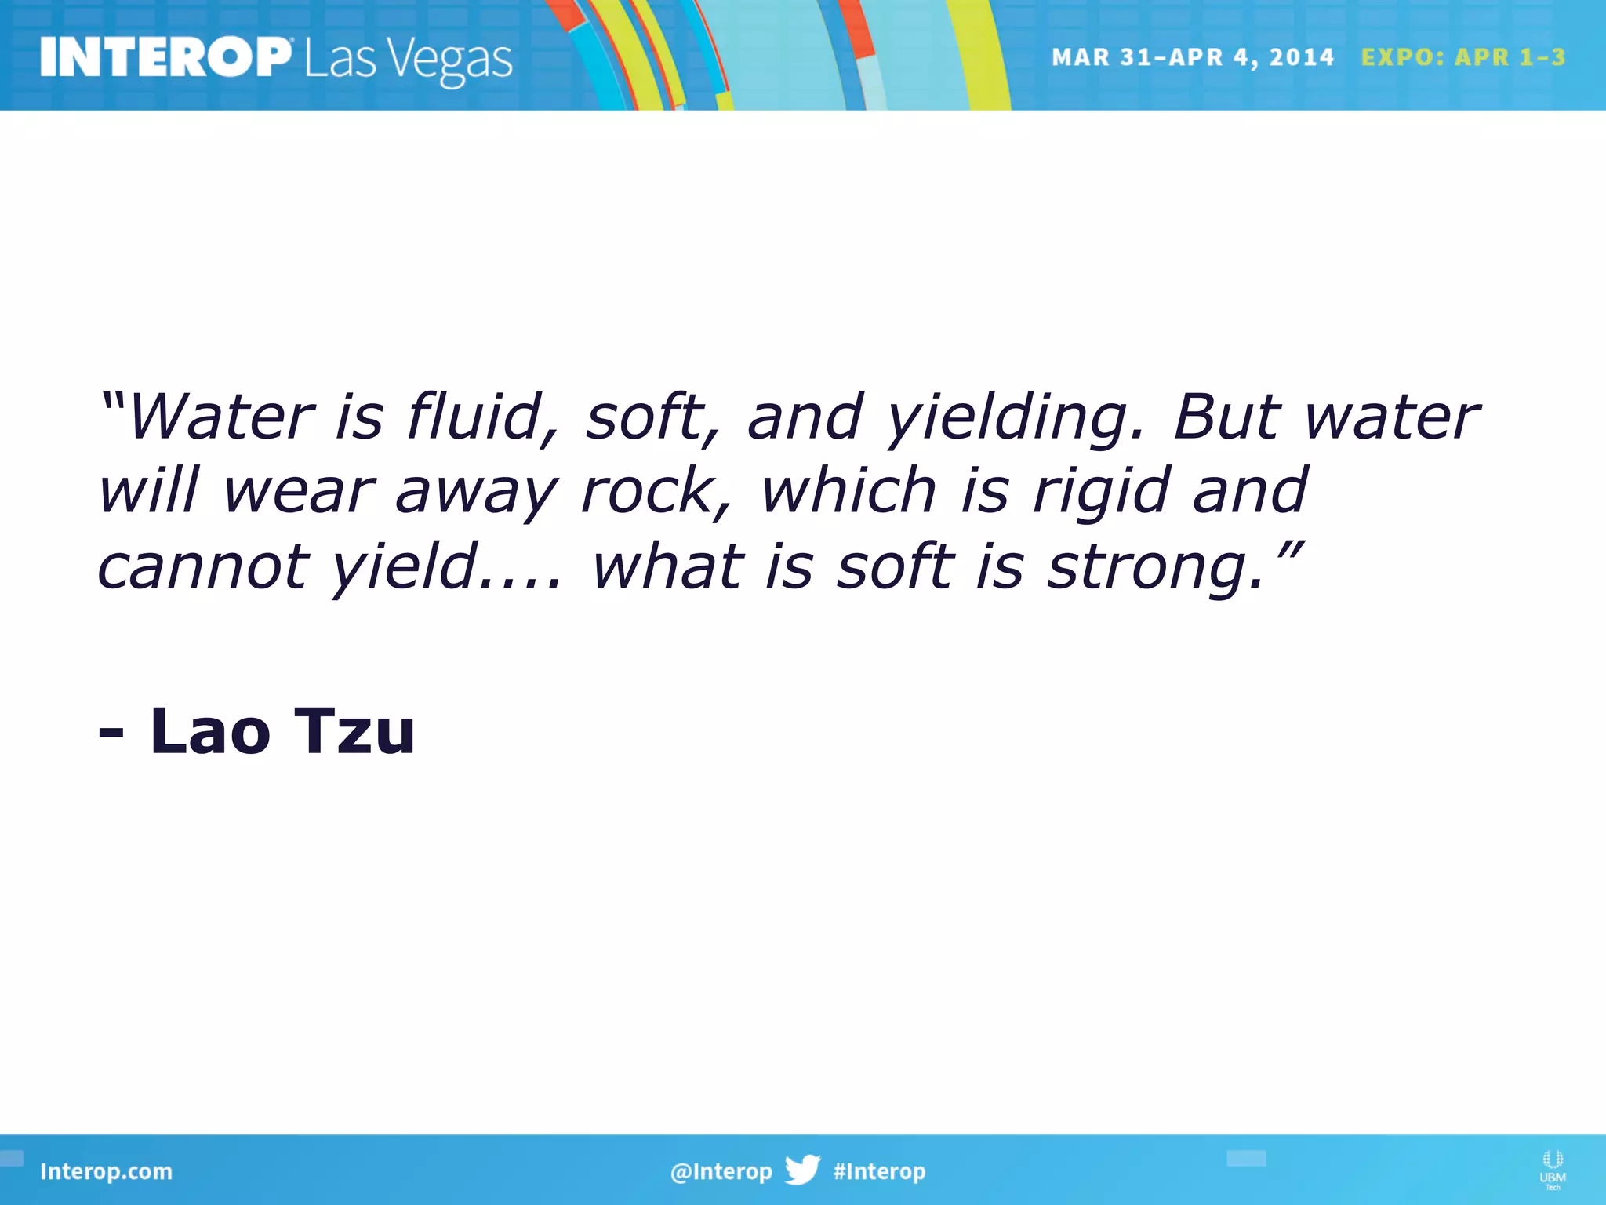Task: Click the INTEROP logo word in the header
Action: click(165, 57)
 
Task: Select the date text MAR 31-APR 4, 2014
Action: click(1192, 57)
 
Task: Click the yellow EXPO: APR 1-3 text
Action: click(1462, 57)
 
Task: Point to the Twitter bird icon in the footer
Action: click(802, 1170)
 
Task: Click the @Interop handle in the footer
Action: click(721, 1171)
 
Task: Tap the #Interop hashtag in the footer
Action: click(879, 1171)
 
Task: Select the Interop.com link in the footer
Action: click(106, 1171)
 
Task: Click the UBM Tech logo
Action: click(1552, 1169)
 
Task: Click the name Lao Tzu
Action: click(282, 731)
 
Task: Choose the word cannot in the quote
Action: click(202, 567)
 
